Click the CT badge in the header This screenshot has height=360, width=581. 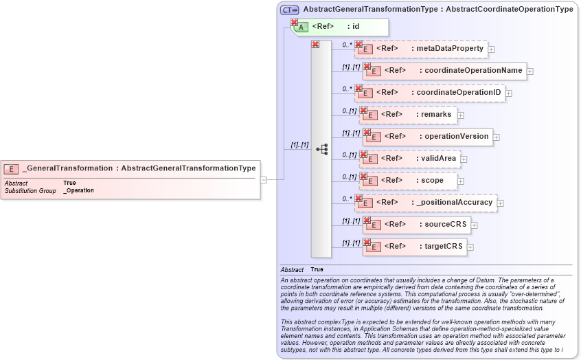(289, 10)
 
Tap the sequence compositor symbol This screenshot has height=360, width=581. (321, 149)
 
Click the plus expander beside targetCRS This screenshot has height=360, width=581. (471, 247)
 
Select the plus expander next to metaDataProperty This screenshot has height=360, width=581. (492, 49)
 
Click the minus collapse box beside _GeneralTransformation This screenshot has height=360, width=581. (264, 180)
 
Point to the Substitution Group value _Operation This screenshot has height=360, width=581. (78, 190)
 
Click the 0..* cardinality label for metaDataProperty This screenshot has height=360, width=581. (348, 45)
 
